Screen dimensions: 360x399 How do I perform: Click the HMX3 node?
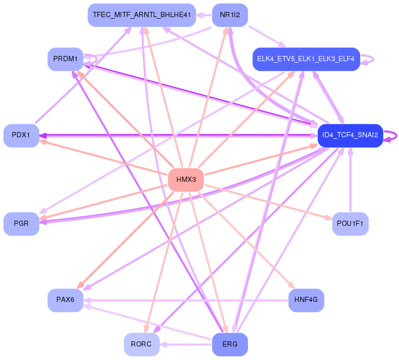186,180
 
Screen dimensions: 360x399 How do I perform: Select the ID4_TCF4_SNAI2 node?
350,135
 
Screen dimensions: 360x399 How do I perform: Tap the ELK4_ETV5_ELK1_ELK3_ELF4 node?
306,59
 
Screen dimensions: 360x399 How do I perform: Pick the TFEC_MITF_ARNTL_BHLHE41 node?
142,15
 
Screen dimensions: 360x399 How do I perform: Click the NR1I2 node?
230,15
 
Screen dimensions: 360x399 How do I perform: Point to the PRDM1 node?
65,59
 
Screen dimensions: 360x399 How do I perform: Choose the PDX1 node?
21,135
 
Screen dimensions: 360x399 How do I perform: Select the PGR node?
21,224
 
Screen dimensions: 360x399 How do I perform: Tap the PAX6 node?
65,300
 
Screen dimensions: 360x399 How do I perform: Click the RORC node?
141,344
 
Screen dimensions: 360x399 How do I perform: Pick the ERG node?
230,344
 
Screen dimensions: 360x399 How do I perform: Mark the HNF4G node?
306,300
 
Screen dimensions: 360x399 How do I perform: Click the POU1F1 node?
350,224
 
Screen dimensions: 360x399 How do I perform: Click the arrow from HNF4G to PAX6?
186,300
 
